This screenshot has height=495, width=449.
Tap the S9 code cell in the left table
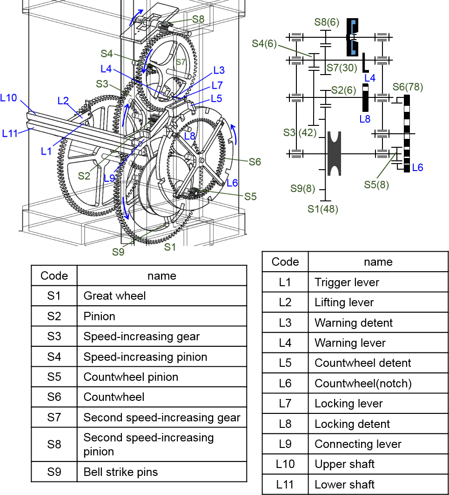(54, 472)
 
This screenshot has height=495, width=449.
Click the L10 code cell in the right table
(285, 464)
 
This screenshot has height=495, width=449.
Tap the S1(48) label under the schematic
(323, 209)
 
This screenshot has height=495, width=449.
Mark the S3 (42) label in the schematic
(300, 133)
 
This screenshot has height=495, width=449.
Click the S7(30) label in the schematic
(341, 68)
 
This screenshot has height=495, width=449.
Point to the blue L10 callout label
(9, 98)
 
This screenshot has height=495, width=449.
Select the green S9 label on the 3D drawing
(118, 252)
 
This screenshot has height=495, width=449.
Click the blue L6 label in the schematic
(417, 167)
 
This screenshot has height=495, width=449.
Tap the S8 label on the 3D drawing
(198, 19)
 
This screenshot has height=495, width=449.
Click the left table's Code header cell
(54, 275)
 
